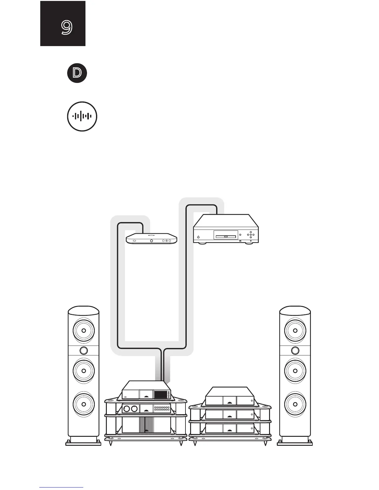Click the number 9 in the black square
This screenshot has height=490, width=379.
[67, 28]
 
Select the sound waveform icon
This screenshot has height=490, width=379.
[82, 116]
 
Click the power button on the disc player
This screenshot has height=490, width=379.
[198, 237]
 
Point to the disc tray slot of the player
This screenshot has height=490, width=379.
[226, 237]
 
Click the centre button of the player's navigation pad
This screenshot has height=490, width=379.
[251, 234]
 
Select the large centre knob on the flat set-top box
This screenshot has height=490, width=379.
[151, 240]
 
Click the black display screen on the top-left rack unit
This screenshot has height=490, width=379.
[160, 394]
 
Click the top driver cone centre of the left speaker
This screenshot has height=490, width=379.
[84, 330]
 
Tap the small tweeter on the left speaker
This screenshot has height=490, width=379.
[84, 350]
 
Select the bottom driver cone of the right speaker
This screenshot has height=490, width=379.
[295, 404]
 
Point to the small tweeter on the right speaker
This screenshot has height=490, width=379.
[295, 350]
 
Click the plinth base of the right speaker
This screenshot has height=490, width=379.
[295, 443]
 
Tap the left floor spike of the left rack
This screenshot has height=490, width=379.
[111, 444]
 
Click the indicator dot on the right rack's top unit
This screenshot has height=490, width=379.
[252, 401]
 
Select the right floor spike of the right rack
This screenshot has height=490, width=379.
[265, 444]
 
